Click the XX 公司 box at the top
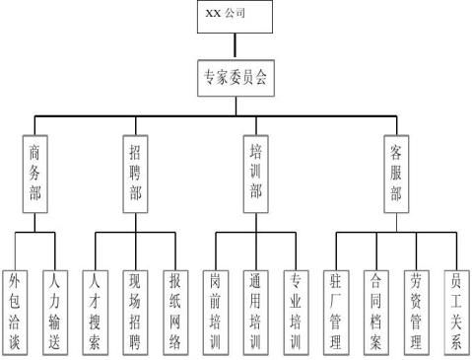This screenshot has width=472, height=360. pyautogui.click(x=235, y=17)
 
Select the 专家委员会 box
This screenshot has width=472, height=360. pyautogui.click(x=235, y=78)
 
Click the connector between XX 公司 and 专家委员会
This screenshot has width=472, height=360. pyautogui.click(x=235, y=45)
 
